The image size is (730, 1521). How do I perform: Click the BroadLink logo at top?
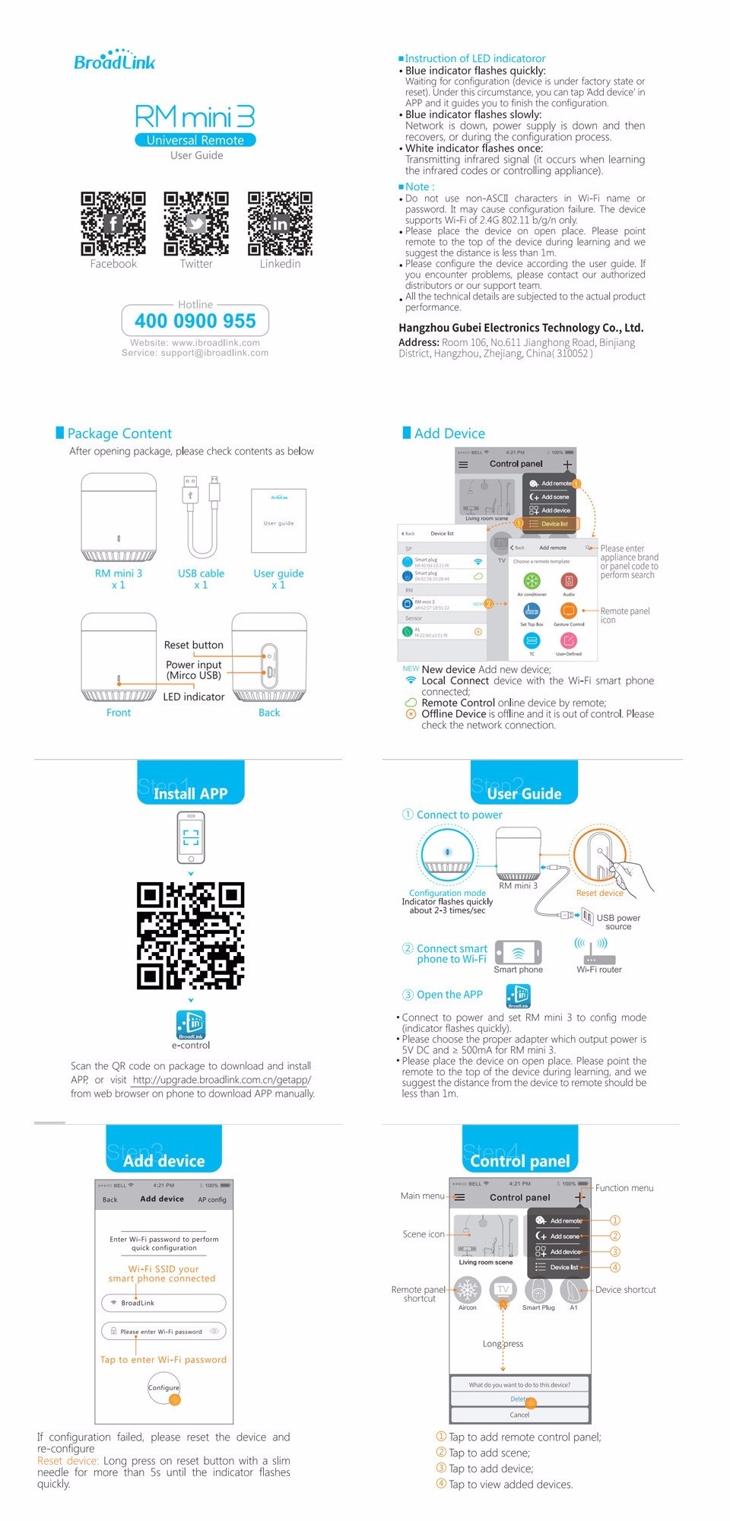tap(114, 61)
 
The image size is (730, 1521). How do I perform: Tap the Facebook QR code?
tap(113, 224)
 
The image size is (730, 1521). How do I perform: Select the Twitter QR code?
tap(196, 224)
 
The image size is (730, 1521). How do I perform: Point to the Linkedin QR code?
tap(280, 224)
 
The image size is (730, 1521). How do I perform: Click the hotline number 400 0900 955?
tap(195, 321)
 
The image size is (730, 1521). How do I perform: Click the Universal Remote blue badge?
tap(195, 140)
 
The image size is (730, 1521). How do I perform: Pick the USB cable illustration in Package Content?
tap(202, 517)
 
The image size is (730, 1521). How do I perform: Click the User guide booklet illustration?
tap(278, 521)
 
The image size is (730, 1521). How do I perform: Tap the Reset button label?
tap(194, 645)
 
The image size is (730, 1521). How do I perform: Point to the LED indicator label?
tap(194, 697)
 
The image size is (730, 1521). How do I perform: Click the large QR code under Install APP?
tap(190, 935)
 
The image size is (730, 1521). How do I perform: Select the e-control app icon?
tap(191, 1024)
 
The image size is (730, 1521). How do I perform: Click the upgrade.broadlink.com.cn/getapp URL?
tap(221, 1080)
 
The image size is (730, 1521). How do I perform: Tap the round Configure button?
tap(163, 1388)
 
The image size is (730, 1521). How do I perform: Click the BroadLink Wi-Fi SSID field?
tap(163, 1303)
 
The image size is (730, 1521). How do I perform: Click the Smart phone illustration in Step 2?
tap(518, 953)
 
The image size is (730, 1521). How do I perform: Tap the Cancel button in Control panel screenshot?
tap(519, 1415)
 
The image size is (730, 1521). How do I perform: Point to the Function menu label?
tap(624, 1188)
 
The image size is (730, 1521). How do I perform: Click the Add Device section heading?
tap(449, 433)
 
